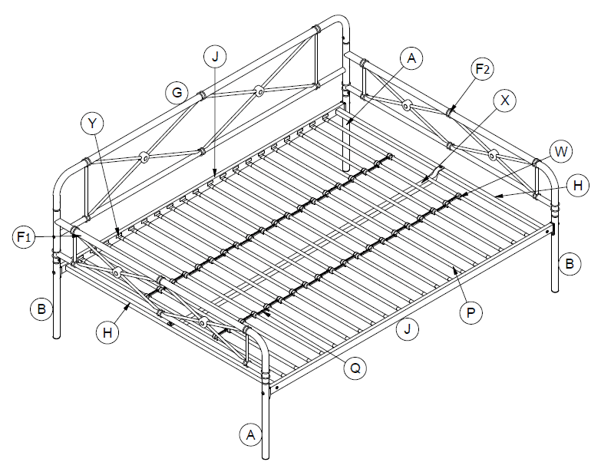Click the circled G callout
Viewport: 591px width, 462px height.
[177, 93]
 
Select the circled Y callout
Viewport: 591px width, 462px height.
[93, 122]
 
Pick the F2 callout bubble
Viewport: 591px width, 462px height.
[482, 70]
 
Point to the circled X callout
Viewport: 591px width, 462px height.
[504, 100]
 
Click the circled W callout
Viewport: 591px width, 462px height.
[561, 151]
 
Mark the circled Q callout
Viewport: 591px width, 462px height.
[355, 368]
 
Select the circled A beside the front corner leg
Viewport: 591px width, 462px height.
[249, 435]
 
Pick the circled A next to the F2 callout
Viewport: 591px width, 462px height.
[412, 58]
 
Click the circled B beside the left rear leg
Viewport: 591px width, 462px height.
[43, 310]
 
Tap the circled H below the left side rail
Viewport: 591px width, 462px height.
[108, 332]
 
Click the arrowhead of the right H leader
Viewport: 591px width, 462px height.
[496, 197]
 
